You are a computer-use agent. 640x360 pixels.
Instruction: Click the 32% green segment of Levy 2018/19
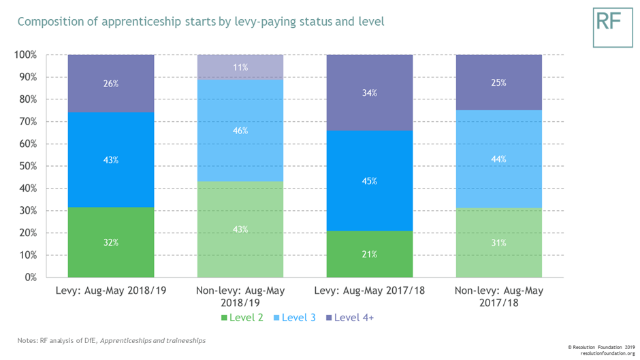tap(111, 242)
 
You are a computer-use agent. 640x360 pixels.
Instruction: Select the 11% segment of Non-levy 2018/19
tap(240, 67)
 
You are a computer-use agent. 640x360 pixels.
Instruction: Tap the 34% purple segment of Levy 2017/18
tap(370, 93)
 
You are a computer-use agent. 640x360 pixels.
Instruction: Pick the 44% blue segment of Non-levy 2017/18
tap(499, 159)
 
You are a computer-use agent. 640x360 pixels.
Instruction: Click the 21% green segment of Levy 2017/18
tap(370, 254)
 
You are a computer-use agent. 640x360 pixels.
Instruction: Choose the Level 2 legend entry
tap(243, 318)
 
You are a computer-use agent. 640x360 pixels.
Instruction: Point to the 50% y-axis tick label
tap(28, 166)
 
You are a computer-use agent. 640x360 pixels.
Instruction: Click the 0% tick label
tap(31, 278)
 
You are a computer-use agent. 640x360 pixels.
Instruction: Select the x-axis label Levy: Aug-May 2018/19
tap(111, 291)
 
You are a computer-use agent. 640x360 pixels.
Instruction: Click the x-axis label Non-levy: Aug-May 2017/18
tap(499, 296)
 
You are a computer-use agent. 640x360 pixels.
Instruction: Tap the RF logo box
tap(612, 28)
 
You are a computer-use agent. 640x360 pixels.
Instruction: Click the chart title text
tap(200, 22)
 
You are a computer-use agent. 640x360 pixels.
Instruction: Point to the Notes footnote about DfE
tap(112, 340)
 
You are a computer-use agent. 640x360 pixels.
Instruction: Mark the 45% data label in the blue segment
tap(370, 182)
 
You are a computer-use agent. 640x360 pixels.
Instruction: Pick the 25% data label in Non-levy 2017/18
tap(499, 83)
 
